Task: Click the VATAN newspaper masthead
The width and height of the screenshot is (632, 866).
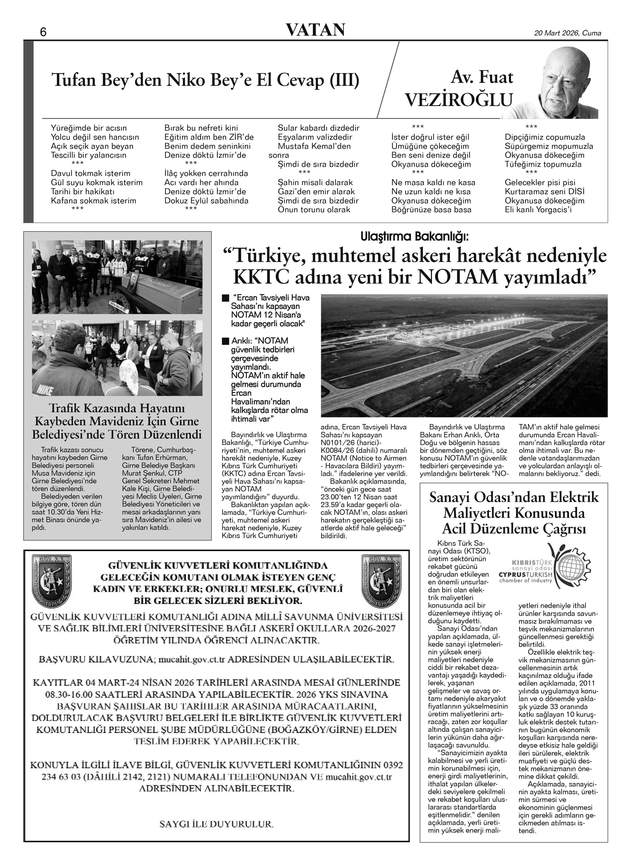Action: coord(316,30)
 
